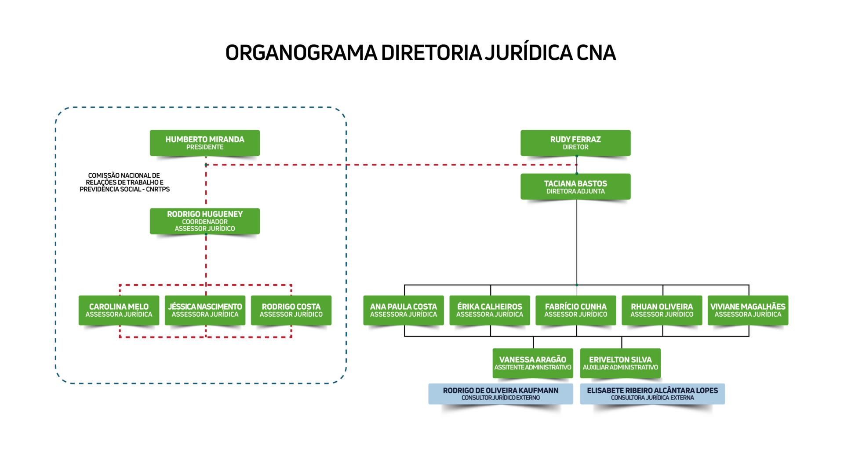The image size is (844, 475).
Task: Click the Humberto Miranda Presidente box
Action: coord(204,142)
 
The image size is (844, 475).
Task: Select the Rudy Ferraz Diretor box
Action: coord(575,142)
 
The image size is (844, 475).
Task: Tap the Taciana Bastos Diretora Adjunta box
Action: coord(575,186)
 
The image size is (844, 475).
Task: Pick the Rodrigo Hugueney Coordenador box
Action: coord(204,221)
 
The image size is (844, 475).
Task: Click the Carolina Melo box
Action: coord(119,310)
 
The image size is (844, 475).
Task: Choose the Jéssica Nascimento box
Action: coord(205,310)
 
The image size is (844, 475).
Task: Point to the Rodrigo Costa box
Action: coord(291,310)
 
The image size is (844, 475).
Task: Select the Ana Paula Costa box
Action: coord(404,310)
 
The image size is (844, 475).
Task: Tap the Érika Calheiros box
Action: coord(490,310)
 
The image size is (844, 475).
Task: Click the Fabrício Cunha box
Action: coord(576,310)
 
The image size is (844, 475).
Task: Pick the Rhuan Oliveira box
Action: coord(662,310)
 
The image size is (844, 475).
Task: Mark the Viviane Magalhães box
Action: coord(748,310)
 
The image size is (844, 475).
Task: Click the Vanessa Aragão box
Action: coord(533,363)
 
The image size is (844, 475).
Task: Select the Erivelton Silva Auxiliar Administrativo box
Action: coord(620,363)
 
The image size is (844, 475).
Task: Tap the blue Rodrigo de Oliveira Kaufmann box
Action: coord(501,394)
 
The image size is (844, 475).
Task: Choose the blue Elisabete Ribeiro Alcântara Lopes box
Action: coord(652,394)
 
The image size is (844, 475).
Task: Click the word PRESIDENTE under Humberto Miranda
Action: coord(205,147)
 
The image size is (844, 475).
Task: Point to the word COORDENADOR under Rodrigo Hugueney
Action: coord(205,222)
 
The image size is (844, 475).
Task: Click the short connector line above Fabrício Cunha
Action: coord(577,290)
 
